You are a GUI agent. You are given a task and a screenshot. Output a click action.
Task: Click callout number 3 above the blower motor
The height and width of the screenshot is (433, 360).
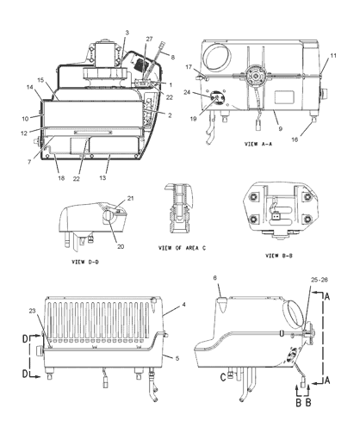126,34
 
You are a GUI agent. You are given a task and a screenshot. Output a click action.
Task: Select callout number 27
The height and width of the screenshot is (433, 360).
149,40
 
